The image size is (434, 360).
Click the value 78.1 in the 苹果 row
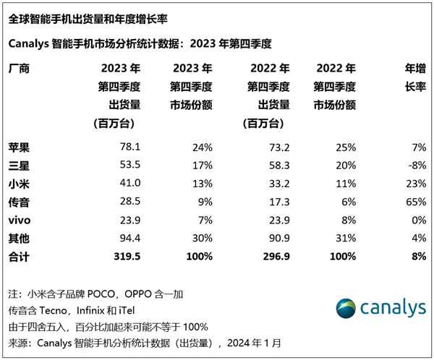click(x=129, y=147)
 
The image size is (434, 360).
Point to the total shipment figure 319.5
click(x=127, y=256)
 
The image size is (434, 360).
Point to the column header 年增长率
click(x=413, y=78)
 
